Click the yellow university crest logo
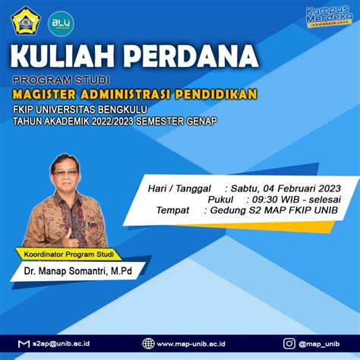(x=26, y=21)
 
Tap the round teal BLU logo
(x=61, y=24)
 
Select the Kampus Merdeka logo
(x=329, y=16)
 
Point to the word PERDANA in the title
(x=191, y=55)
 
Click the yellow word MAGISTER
(x=44, y=94)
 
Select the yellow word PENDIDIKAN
(x=216, y=93)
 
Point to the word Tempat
(x=172, y=210)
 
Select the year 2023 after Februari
(x=330, y=188)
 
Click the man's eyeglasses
(x=66, y=173)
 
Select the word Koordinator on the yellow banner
(x=43, y=254)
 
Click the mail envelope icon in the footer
(x=24, y=343)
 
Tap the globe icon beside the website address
(x=148, y=343)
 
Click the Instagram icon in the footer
(x=289, y=343)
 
